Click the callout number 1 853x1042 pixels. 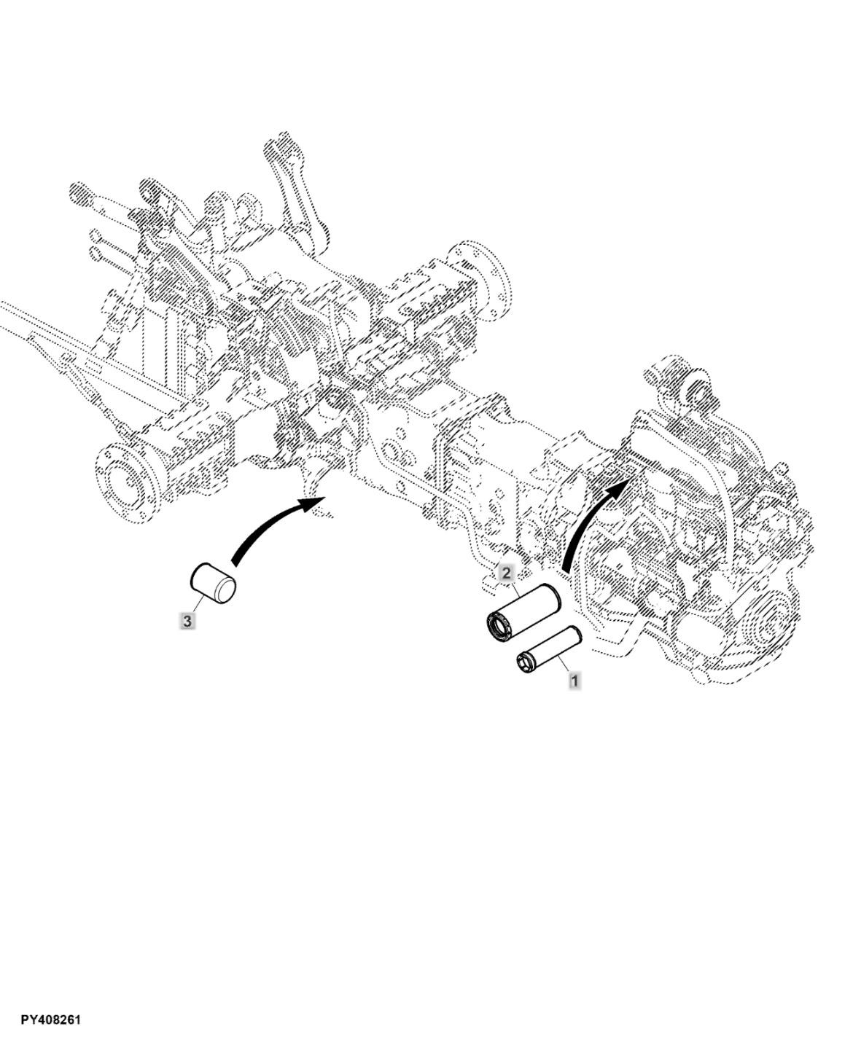574,681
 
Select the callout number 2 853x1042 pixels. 506,573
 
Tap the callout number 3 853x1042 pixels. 187,621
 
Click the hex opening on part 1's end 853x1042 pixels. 524,662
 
